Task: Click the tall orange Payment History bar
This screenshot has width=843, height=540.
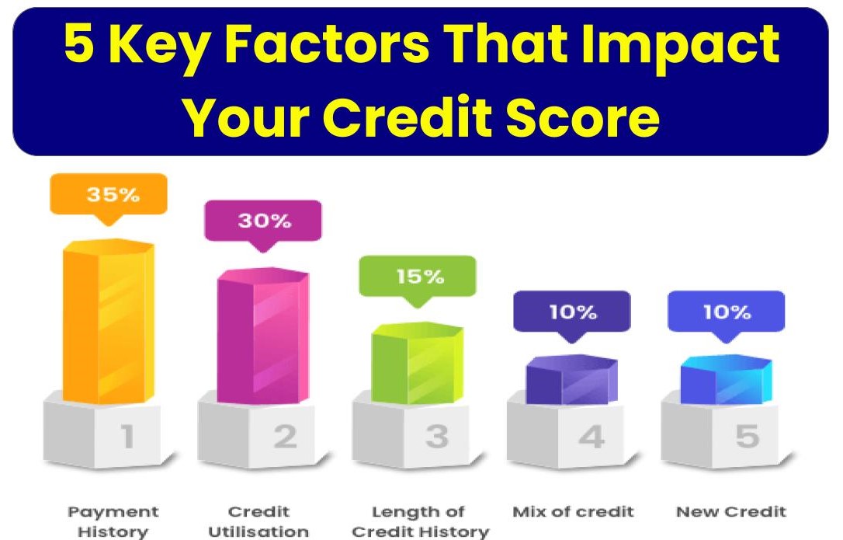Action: [109, 322]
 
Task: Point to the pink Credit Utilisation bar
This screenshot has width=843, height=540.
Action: [263, 336]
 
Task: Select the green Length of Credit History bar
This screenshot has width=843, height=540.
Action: [417, 364]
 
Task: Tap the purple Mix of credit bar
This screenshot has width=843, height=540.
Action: [571, 380]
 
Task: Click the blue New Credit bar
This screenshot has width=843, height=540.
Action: [726, 380]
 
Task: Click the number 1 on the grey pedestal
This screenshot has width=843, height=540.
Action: [127, 436]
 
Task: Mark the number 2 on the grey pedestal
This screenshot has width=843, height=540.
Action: [285, 437]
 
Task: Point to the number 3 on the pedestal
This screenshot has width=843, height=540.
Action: [437, 437]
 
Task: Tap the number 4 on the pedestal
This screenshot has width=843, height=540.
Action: [591, 437]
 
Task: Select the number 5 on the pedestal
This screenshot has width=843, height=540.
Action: [748, 437]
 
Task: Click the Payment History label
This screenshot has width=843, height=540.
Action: [113, 521]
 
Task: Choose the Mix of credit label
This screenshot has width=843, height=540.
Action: [573, 511]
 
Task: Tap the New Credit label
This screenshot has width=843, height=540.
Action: [731, 511]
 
